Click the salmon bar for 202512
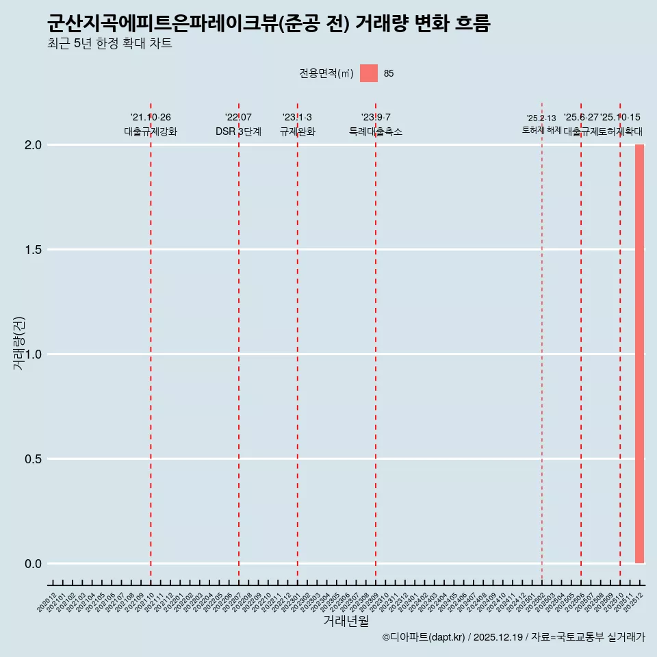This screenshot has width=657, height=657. (x=639, y=354)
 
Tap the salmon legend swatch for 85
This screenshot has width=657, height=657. (x=369, y=73)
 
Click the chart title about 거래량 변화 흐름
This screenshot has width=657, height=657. (x=268, y=23)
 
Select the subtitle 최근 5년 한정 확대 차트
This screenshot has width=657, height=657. (x=109, y=44)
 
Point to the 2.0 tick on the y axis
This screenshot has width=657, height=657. (x=34, y=145)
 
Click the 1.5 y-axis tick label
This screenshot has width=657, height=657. (x=34, y=250)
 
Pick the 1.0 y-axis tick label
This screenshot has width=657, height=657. (x=34, y=355)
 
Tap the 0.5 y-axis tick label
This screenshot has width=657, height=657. (x=34, y=459)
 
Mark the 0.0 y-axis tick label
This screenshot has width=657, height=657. (x=34, y=564)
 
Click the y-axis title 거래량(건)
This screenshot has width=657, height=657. (x=18, y=343)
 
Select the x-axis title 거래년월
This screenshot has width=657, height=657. (x=346, y=621)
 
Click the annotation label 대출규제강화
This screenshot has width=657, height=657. (x=151, y=131)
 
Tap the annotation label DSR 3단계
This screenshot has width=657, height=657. (x=238, y=131)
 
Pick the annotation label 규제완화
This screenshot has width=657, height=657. (x=297, y=131)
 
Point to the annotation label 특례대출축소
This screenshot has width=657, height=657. (x=376, y=131)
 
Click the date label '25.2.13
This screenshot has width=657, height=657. (x=541, y=118)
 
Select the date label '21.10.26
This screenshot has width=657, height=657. (x=151, y=118)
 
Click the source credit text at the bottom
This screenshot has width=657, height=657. (x=513, y=637)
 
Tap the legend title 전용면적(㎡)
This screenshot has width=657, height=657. (x=326, y=73)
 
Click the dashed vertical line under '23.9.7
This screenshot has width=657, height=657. (x=376, y=342)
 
